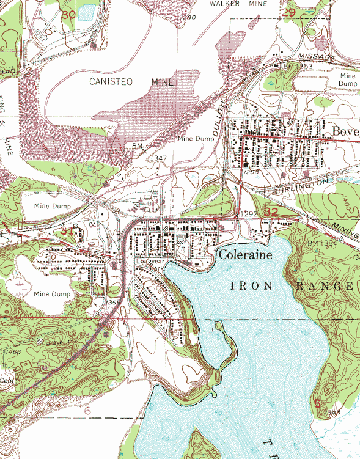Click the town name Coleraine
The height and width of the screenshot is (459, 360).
pos(244,254)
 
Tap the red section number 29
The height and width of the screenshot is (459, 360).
pos(289,12)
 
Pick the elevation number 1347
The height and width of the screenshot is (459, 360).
pos(158,158)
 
